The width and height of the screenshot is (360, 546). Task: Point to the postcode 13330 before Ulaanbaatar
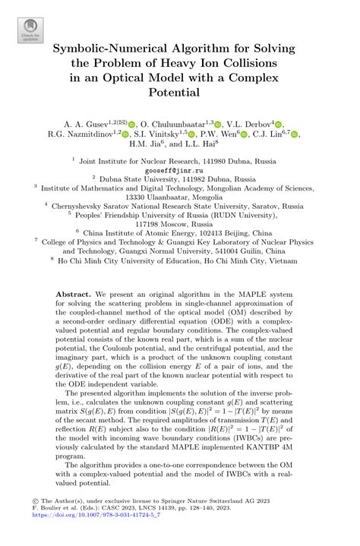pos(125,194)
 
